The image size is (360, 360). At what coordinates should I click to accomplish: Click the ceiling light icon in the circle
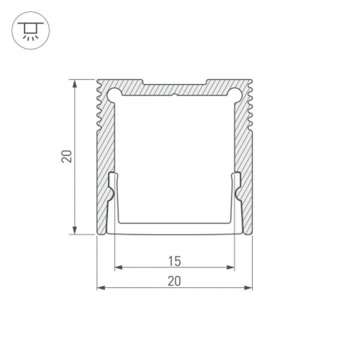30,30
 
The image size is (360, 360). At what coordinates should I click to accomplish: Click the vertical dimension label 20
66,157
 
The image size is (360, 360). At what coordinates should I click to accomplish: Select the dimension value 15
174,261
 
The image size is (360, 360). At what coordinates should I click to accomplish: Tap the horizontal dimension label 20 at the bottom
174,281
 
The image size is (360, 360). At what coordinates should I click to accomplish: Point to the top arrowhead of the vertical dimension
75,83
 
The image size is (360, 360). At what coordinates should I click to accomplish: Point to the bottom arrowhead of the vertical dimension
75,230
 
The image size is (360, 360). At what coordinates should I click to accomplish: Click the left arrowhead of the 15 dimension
118,267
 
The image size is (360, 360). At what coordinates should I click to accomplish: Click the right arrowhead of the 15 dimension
230,267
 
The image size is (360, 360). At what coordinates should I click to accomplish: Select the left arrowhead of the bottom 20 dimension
101,287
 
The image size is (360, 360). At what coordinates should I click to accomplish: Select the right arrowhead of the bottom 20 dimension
248,287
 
